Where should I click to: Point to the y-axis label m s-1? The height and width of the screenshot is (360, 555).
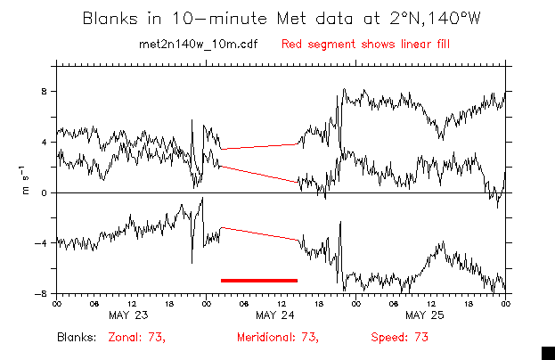27,179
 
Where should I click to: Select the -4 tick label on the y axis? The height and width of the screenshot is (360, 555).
41,243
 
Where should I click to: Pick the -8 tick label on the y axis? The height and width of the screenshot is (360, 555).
41,293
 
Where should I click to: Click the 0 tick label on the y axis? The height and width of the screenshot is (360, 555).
44,192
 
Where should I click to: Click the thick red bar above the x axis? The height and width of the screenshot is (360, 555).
259,280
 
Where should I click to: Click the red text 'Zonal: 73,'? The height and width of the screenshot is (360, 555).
137,338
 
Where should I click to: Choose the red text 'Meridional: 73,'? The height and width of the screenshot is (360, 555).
278,338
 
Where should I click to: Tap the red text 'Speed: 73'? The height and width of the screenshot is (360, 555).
400,338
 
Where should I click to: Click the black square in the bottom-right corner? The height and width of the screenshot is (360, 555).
548,352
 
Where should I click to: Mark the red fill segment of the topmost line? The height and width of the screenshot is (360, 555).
259,146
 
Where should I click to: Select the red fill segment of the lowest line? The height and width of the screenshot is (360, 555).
259,233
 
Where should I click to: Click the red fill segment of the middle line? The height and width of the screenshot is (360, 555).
259,174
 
